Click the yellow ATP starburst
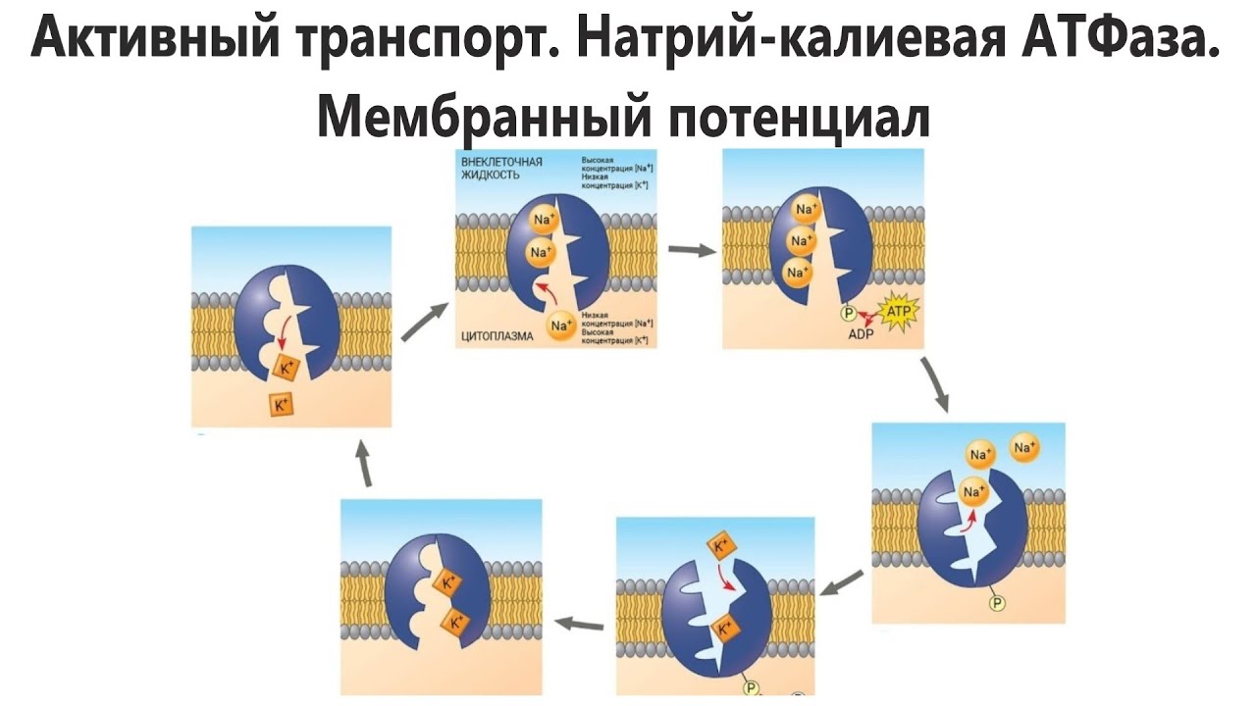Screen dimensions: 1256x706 coord(899,314)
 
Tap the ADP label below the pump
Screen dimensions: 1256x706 coord(861,333)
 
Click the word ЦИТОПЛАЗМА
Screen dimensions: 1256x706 coord(497,336)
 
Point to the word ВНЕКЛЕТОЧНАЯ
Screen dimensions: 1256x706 coord(501,160)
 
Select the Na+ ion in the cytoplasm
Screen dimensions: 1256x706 coord(561,325)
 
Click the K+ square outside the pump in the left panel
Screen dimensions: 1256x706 coord(282,404)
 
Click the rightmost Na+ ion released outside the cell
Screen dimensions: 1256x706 coord(1025,448)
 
